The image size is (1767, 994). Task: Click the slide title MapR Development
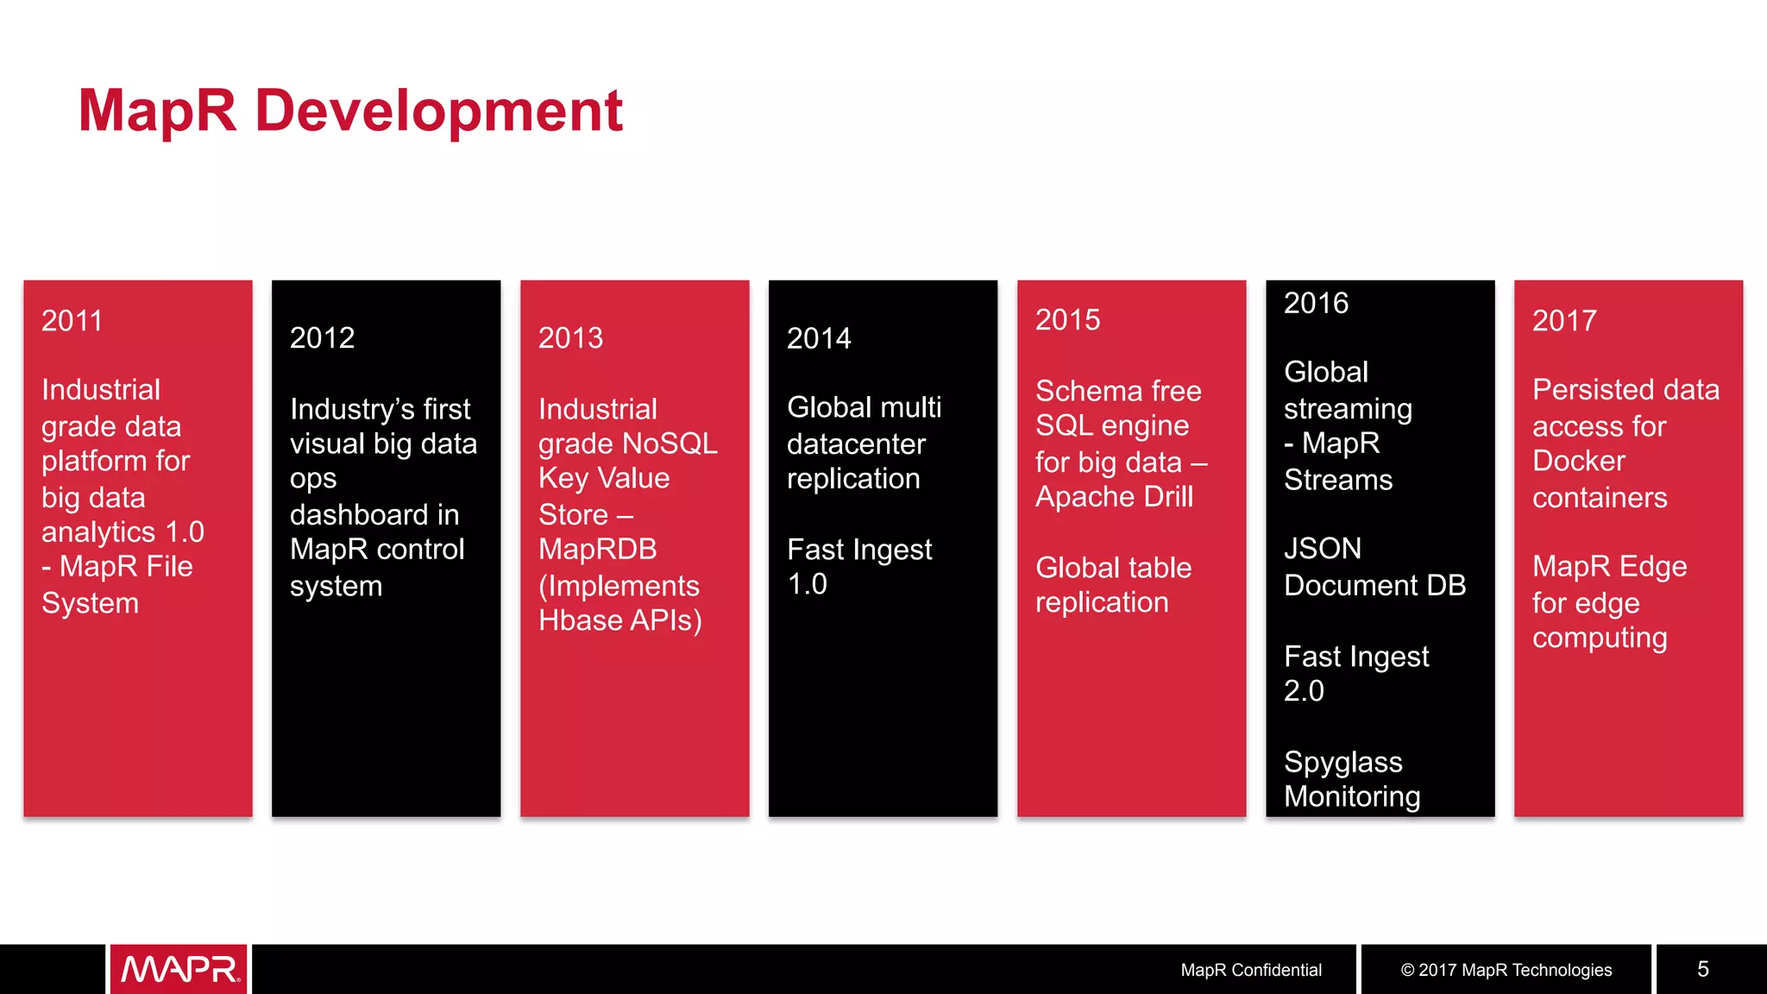click(350, 110)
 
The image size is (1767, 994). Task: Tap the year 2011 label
click(72, 321)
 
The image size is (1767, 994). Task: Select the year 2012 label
click(322, 338)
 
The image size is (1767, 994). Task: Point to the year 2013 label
click(570, 338)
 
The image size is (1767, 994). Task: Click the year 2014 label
click(819, 338)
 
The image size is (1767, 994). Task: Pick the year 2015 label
click(1067, 320)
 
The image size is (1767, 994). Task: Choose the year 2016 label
click(1316, 304)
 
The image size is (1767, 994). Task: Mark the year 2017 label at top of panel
click(1564, 321)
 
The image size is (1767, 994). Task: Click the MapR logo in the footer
click(179, 969)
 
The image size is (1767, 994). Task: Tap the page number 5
click(1702, 969)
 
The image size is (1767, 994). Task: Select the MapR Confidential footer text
click(1250, 970)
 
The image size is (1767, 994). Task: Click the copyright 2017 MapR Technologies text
click(1506, 970)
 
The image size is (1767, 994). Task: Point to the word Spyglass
click(1343, 762)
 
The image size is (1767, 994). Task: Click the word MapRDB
click(597, 550)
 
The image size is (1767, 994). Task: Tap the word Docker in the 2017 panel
click(1578, 461)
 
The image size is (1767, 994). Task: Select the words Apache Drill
click(1114, 497)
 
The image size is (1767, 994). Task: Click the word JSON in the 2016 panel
click(1322, 549)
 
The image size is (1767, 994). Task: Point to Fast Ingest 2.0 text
click(1355, 673)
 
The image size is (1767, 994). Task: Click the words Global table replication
click(1113, 585)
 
